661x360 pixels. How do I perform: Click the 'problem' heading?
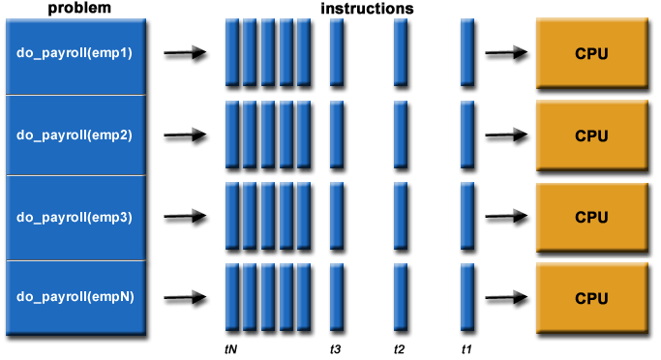coord(75,9)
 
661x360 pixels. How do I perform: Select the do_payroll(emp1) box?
coord(75,53)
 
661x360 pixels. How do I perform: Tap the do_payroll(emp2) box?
coord(75,135)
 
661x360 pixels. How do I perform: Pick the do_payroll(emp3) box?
coord(75,217)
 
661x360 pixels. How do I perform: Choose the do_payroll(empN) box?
coord(75,298)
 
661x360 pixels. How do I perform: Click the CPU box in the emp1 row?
coord(591,53)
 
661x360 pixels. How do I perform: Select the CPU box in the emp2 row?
coord(591,135)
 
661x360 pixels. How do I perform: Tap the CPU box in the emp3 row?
coord(591,217)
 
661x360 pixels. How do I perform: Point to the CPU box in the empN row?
coord(591,298)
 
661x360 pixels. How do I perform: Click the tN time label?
coord(229,346)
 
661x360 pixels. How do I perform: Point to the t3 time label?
coord(336,346)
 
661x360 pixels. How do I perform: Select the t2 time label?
coord(400,346)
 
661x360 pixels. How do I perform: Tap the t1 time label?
coord(466,346)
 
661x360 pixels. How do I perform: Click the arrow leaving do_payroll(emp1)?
coord(185,54)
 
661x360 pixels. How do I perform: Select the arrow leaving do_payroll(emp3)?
coord(185,218)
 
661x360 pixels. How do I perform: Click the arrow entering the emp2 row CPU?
coord(505,135)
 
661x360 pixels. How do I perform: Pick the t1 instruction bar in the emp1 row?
coord(466,52)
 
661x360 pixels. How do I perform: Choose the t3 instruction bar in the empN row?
coord(337,297)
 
